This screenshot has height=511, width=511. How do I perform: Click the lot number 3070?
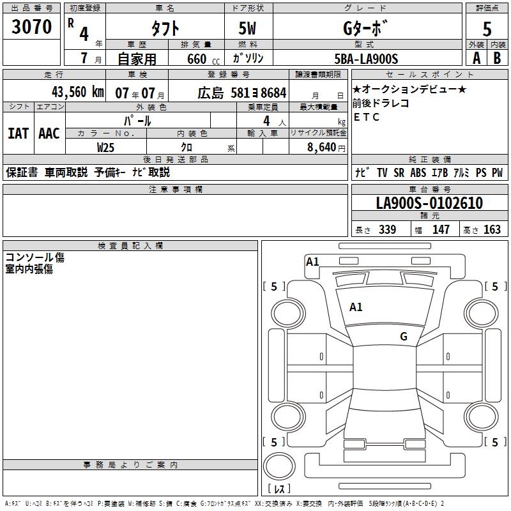(x=31, y=27)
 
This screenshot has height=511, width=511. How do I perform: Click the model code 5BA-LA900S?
(x=366, y=59)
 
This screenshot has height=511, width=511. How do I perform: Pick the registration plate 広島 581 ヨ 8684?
(x=241, y=93)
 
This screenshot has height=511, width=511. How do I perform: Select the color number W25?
(x=106, y=147)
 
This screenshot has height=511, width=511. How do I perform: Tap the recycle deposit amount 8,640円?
(x=326, y=147)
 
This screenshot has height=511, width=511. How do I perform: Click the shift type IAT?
(x=18, y=133)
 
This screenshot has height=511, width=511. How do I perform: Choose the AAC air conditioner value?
(x=49, y=133)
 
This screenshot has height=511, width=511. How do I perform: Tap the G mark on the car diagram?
(x=404, y=337)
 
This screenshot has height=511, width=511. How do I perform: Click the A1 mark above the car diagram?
(x=312, y=261)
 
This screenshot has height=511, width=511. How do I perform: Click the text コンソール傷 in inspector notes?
(x=34, y=257)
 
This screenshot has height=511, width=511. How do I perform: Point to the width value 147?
(x=441, y=230)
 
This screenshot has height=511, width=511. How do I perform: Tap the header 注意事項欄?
(x=176, y=189)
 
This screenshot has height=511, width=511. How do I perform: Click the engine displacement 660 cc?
(x=199, y=59)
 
